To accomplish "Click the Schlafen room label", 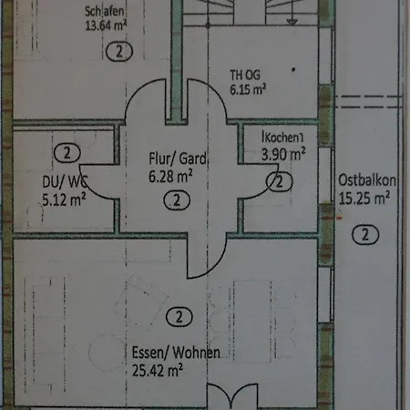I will pyautogui.click(x=103, y=11).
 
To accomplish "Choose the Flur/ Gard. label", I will pyautogui.click(x=179, y=158).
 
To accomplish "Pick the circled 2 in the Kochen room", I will pyautogui.click(x=275, y=182).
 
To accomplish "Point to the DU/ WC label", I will pyautogui.click(x=63, y=179).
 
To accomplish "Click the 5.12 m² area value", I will pyautogui.click(x=64, y=194).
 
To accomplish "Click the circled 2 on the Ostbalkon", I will pyautogui.click(x=364, y=235).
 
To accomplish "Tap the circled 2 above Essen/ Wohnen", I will pyautogui.click(x=180, y=317).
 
